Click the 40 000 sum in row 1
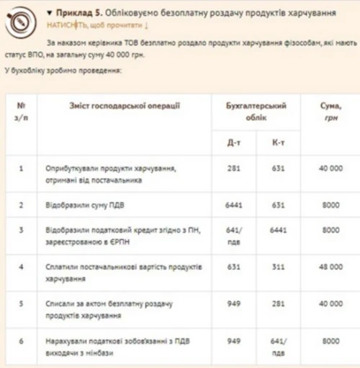330,169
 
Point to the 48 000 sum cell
330,268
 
